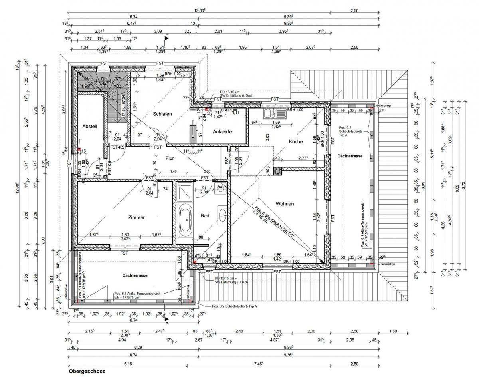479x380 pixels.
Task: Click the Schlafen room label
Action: click(162, 114)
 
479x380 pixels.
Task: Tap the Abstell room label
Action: click(90, 126)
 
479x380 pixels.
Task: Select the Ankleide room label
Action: click(222, 131)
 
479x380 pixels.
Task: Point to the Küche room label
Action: click(295, 141)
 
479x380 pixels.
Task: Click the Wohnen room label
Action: click(285, 204)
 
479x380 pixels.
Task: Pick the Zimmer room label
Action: click(136, 218)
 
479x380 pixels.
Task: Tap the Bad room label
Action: click(205, 216)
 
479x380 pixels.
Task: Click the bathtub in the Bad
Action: click(185, 220)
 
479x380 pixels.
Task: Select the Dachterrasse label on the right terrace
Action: click(350, 156)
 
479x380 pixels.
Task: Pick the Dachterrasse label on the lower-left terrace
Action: click(135, 276)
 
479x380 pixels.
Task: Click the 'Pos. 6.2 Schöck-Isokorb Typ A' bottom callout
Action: click(234, 306)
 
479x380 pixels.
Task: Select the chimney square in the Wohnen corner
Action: click(278, 172)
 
